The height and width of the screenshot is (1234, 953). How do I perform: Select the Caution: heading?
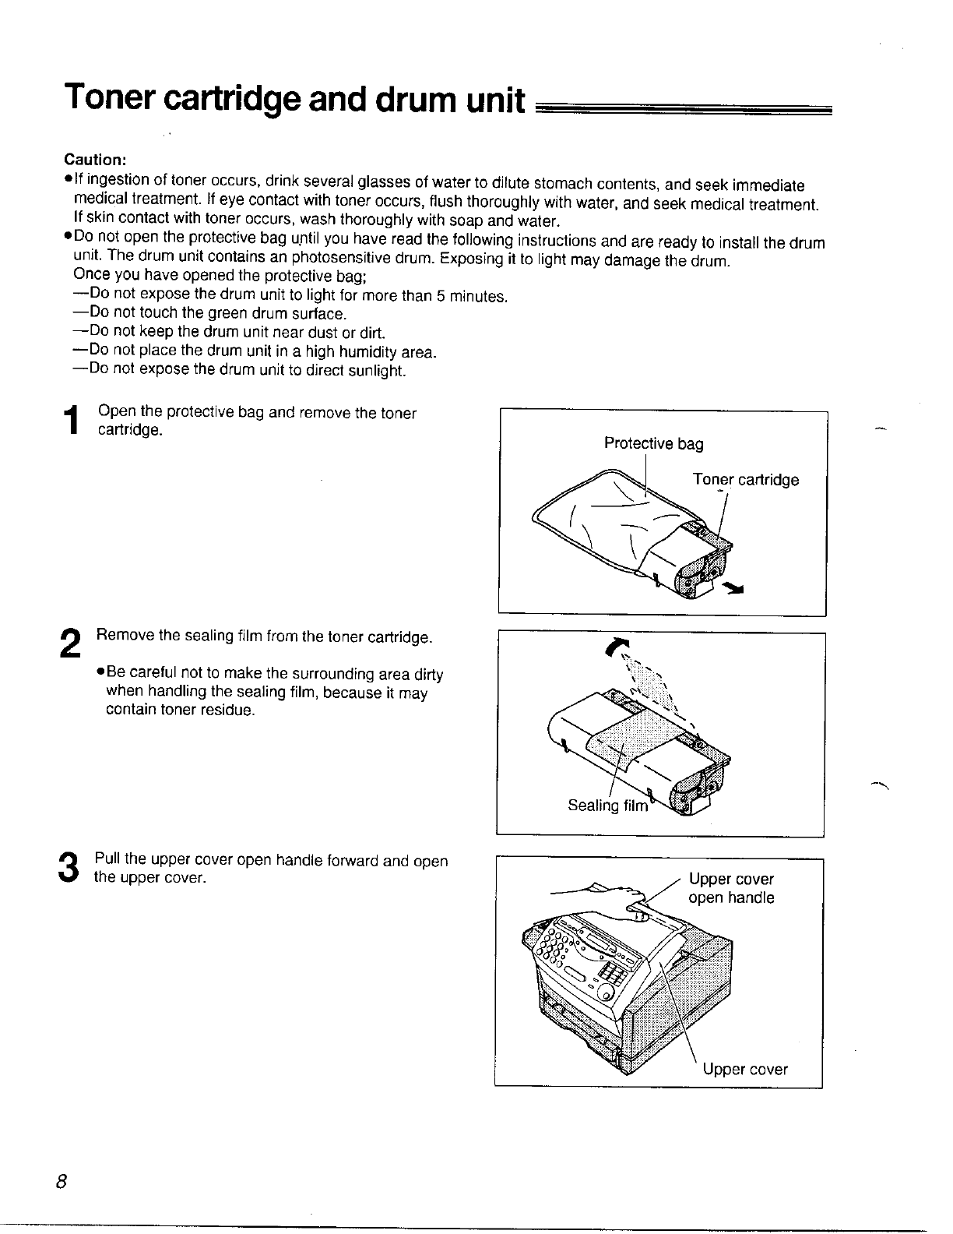pyautogui.click(x=95, y=160)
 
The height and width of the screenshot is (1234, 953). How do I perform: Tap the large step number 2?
pyautogui.click(x=70, y=645)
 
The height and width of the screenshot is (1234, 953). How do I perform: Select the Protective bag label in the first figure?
pyautogui.click(x=653, y=444)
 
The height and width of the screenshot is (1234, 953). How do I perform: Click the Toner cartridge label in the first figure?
pyautogui.click(x=745, y=480)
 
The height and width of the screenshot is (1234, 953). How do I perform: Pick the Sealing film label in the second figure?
pyautogui.click(x=607, y=806)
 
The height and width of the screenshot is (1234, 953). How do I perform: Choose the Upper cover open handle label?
pyautogui.click(x=731, y=889)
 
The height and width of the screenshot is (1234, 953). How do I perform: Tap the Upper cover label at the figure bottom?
pyautogui.click(x=744, y=1070)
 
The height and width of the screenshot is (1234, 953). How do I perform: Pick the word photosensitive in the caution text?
pyautogui.click(x=346, y=260)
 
